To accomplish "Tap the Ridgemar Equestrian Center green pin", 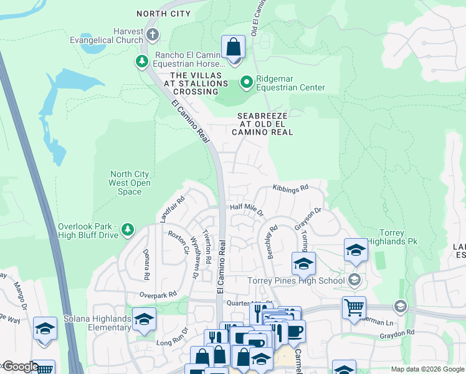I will point(247,82).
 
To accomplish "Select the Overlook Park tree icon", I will point(128,230).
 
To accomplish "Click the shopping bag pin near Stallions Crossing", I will point(233,47).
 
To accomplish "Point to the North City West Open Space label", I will point(130,183).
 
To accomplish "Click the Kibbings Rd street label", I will point(290,188).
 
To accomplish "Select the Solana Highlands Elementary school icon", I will point(144,319).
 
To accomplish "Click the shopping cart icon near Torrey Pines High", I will point(353,307).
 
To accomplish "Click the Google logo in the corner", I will point(20,367).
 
